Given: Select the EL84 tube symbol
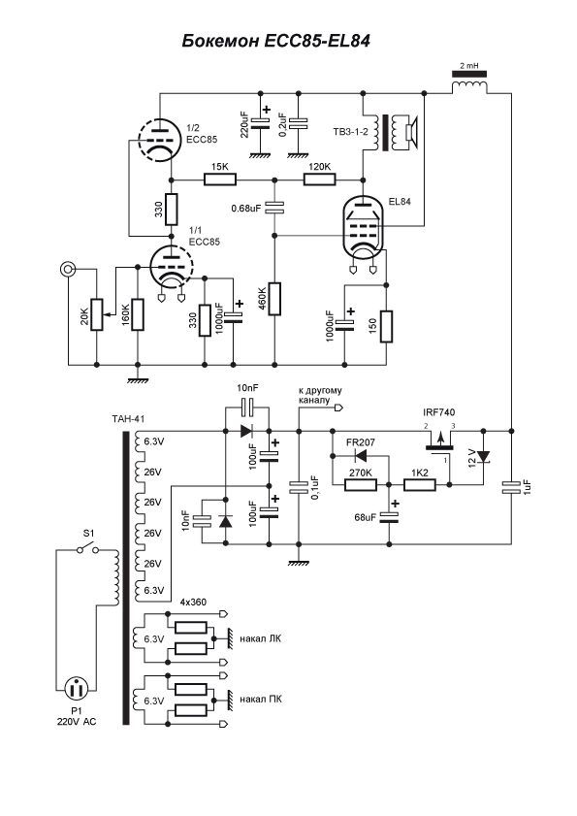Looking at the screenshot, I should click(362, 230).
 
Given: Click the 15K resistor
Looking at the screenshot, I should click(220, 180).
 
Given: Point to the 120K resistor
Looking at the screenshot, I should click(318, 180).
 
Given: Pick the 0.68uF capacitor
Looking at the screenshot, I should click(274, 208).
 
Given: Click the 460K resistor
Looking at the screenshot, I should click(274, 298).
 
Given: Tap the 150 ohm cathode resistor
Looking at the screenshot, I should click(387, 327).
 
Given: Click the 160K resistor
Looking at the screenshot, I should click(138, 314).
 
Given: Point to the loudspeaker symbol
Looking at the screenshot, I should click(404, 134).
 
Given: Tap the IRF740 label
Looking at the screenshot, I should click(439, 412).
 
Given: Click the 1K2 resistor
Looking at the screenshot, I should click(420, 484).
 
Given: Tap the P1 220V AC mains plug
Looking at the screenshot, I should click(75, 690).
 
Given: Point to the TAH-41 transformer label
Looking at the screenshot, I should click(127, 419).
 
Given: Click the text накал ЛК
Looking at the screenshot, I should click(262, 638).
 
